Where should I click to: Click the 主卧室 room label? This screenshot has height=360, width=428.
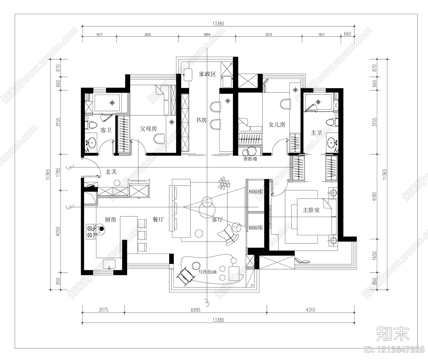coord(311,210)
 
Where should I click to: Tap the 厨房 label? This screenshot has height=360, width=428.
coord(110,220)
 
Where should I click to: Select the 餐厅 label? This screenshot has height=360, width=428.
coord(158,220)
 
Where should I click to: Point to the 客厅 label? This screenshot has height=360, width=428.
coord(217,220)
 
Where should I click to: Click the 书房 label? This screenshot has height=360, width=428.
coord(201,120)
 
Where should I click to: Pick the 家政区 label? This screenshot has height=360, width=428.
coord(207,74)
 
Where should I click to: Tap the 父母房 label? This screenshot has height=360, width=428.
coord(148,129)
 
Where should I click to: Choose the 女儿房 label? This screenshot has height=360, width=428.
coord(277,125)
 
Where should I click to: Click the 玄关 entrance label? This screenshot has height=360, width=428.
coord(111,172)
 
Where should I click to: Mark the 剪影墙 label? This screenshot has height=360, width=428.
coord(250,159)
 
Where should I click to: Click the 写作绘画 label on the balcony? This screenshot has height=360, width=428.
coord(207,272)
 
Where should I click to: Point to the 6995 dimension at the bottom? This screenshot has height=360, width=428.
coord(196,310)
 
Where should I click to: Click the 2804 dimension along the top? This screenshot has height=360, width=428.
coord(207,34)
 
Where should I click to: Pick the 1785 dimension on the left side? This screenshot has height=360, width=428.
coord(58,172)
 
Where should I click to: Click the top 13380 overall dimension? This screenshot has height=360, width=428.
coord(218,24)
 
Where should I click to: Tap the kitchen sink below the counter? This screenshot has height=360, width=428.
coord(109,264)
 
